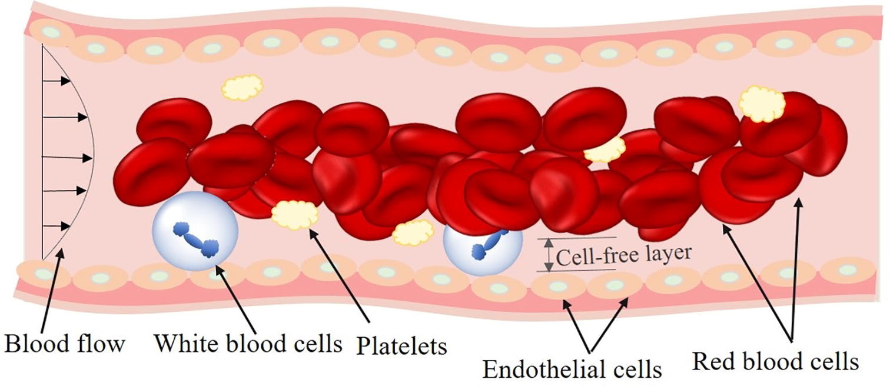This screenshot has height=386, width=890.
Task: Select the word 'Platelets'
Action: point(401,346)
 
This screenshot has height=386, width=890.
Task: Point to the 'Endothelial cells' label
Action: point(572,369)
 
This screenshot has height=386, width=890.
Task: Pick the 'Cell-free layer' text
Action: point(623,255)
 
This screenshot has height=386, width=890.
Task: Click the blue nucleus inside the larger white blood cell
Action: point(196,239)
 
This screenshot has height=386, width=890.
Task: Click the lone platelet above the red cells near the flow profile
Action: point(242,86)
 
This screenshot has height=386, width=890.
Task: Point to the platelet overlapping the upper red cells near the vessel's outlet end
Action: point(762,104)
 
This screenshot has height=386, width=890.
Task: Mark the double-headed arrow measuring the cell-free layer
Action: point(548,255)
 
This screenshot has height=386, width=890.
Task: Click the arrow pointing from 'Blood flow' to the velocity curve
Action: point(52,289)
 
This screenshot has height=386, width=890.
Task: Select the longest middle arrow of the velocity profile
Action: point(68,157)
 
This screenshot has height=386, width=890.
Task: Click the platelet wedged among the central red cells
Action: point(605,150)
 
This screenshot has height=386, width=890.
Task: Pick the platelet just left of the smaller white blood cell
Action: point(413,232)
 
